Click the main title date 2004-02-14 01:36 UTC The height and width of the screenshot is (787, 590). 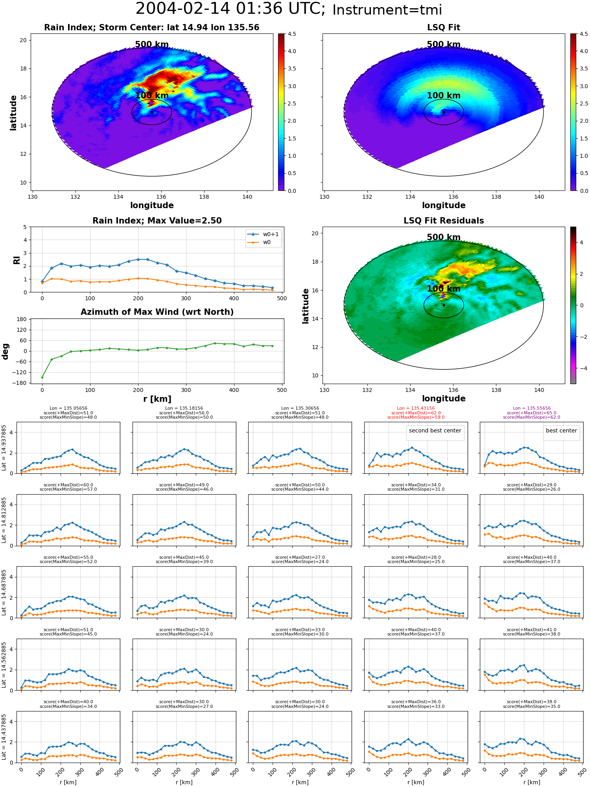[230, 9]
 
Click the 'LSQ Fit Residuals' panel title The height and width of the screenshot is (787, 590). [444, 221]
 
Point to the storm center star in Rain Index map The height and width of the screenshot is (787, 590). [152, 112]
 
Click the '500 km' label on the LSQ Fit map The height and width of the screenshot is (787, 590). [444, 44]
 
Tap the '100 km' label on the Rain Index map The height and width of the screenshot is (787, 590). [152, 96]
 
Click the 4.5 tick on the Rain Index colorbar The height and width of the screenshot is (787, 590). [292, 34]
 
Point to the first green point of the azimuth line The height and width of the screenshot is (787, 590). [42, 377]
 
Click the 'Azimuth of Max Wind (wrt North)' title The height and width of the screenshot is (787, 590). [157, 312]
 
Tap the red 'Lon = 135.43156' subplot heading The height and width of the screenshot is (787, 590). [416, 408]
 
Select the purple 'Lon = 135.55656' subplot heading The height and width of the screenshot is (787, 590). [532, 408]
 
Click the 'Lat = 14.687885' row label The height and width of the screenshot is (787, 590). [4, 592]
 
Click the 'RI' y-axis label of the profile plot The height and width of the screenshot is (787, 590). [17, 260]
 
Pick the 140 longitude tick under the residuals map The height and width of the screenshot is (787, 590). [539, 390]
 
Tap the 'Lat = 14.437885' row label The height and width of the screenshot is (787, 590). [4, 737]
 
